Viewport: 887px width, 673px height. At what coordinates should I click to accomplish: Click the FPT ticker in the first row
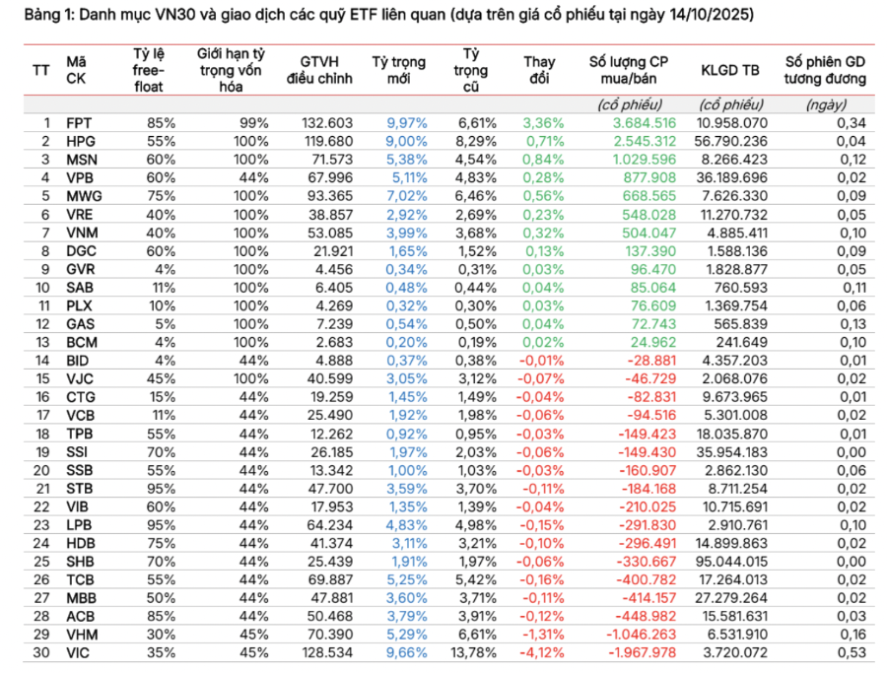(x=79, y=123)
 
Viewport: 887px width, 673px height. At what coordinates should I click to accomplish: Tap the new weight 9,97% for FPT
(x=406, y=123)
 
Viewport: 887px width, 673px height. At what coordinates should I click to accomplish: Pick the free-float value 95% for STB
(x=162, y=488)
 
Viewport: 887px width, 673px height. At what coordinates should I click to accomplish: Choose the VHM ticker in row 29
(x=82, y=634)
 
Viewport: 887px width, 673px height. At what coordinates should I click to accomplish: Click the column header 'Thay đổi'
(x=539, y=70)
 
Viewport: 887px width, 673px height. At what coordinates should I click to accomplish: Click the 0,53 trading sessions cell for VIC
(x=852, y=652)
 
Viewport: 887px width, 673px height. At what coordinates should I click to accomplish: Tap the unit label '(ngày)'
(x=826, y=104)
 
